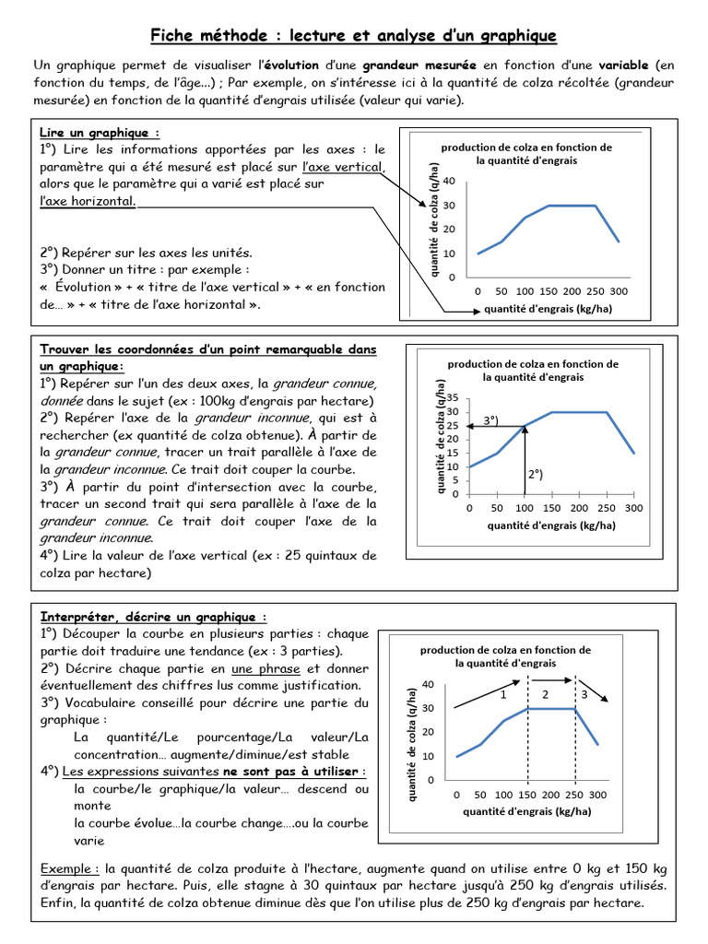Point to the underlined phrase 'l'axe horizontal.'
pyautogui.click(x=88, y=201)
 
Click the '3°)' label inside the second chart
pyautogui.click(x=490, y=420)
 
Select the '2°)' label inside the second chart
pyautogui.click(x=536, y=475)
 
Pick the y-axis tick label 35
pyautogui.click(x=453, y=397)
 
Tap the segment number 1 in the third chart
pyautogui.click(x=503, y=694)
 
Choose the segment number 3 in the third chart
pyautogui.click(x=584, y=694)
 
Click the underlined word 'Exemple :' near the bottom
pyautogui.click(x=70, y=869)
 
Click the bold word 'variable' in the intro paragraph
pyautogui.click(x=625, y=65)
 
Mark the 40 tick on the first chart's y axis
pyautogui.click(x=450, y=181)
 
